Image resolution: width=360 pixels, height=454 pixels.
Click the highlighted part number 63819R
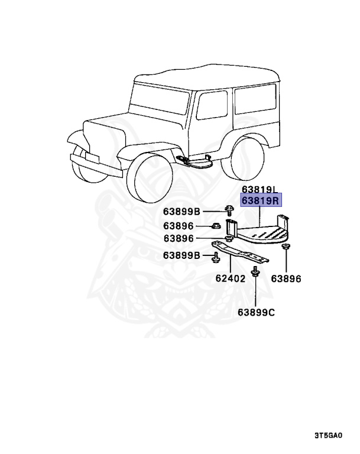pos(260,202)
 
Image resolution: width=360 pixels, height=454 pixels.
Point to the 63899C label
pos(257,312)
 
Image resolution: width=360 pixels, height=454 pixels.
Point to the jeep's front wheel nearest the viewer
pos(150,173)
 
